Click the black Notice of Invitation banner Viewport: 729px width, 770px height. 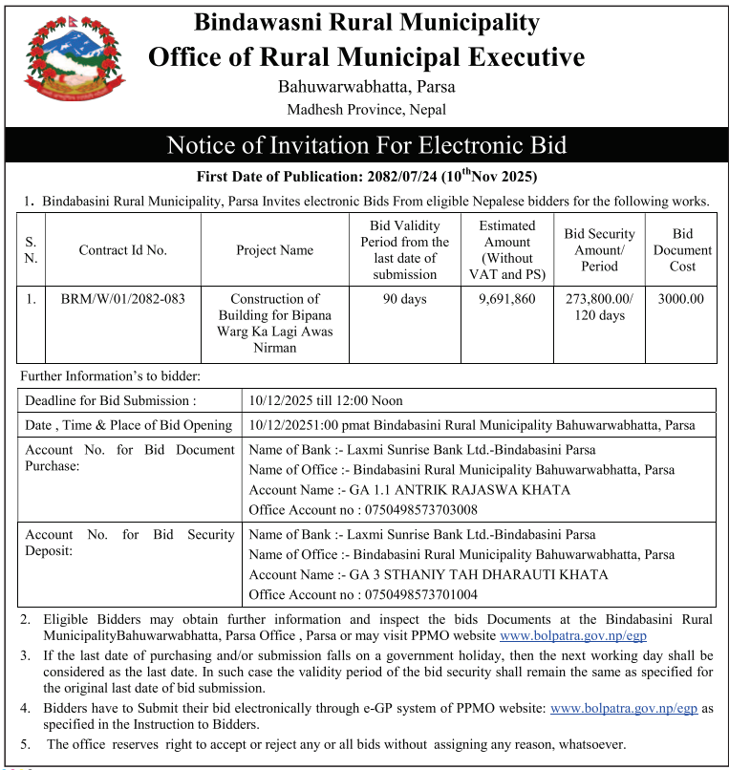[366, 145]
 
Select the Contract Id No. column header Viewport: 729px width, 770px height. [122, 250]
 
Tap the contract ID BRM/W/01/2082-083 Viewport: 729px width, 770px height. [122, 299]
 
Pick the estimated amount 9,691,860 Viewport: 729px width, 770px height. [506, 299]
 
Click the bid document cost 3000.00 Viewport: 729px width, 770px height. [681, 299]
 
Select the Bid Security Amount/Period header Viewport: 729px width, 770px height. [599, 250]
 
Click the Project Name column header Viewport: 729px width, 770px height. [274, 250]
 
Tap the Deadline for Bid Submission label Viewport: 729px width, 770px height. [111, 401]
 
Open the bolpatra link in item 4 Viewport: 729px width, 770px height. [624, 708]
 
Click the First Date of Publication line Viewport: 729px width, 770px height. [366, 177]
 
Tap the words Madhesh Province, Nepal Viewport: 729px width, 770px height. [366, 110]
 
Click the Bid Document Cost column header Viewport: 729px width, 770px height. [681, 250]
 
